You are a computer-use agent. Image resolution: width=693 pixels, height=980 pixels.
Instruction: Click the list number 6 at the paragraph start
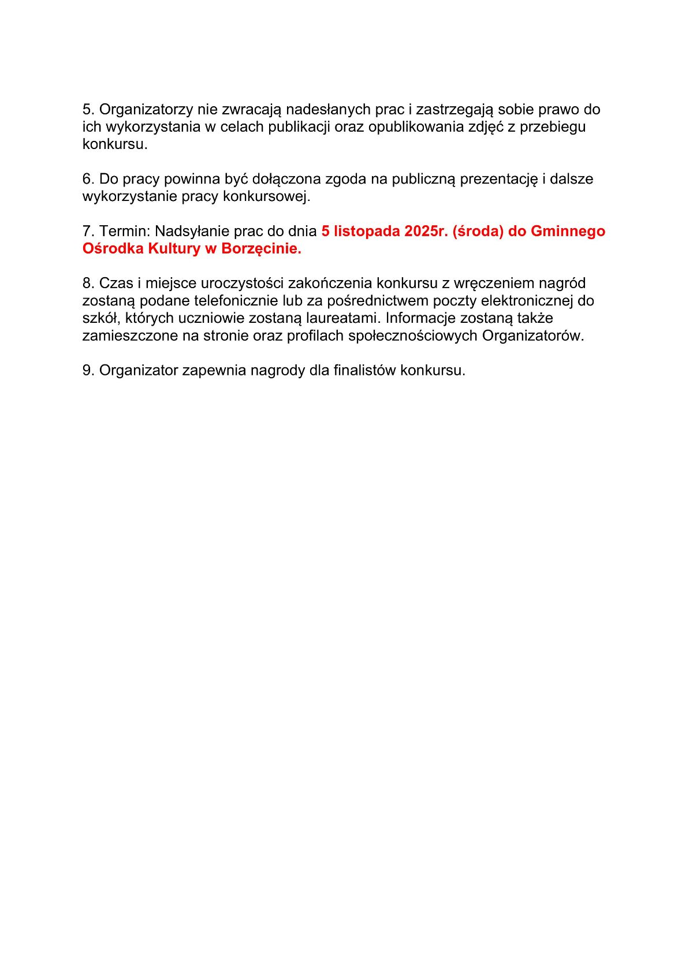coord(87,179)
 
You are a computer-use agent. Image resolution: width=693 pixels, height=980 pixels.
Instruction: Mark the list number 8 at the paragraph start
coord(87,284)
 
